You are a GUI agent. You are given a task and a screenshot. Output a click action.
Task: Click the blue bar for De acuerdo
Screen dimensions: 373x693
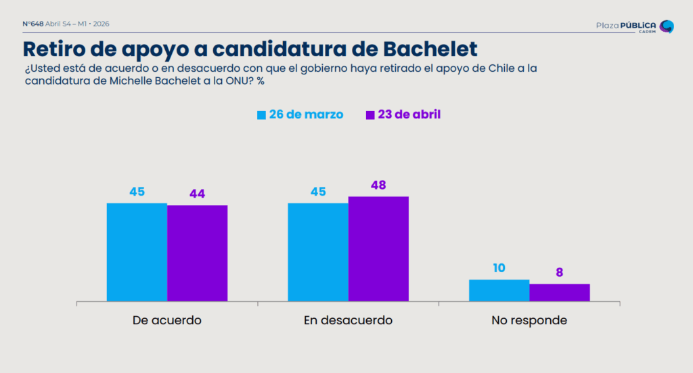[137, 252]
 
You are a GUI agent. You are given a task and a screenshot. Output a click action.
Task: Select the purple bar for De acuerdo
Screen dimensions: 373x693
[197, 253]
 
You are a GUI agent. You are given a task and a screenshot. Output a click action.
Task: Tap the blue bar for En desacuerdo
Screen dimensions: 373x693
[318, 252]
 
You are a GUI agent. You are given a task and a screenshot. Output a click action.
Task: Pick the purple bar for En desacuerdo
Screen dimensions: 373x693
[378, 248]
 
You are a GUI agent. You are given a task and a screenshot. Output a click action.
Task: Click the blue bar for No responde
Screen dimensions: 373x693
[499, 290]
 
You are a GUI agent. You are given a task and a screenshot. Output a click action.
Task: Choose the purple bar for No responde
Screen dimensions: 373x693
[559, 292]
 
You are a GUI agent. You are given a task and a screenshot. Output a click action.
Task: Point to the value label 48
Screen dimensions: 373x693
[378, 185]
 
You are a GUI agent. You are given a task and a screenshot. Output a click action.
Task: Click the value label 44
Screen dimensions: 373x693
[197, 194]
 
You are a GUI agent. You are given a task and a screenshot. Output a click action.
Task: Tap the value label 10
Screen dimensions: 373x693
[499, 268]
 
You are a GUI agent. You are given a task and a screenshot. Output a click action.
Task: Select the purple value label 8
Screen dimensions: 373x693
[560, 273]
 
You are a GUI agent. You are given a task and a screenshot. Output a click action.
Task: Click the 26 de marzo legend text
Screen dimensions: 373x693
[306, 114]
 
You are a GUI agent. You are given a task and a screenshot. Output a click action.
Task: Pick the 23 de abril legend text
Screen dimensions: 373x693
[409, 114]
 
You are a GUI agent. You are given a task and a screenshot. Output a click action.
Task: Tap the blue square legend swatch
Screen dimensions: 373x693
[261, 115]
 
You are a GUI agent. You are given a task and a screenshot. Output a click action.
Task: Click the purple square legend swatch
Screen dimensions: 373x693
[370, 115]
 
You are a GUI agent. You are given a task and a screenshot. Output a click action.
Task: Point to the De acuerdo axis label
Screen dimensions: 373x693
[167, 320]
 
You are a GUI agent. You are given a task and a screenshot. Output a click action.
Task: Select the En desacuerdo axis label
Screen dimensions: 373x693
[348, 320]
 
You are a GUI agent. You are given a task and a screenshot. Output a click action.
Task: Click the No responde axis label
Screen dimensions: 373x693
[529, 320]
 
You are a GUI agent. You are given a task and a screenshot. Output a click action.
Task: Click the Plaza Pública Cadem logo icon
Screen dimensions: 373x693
[667, 26]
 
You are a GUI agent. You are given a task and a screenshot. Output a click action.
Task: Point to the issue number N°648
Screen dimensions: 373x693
[32, 24]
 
